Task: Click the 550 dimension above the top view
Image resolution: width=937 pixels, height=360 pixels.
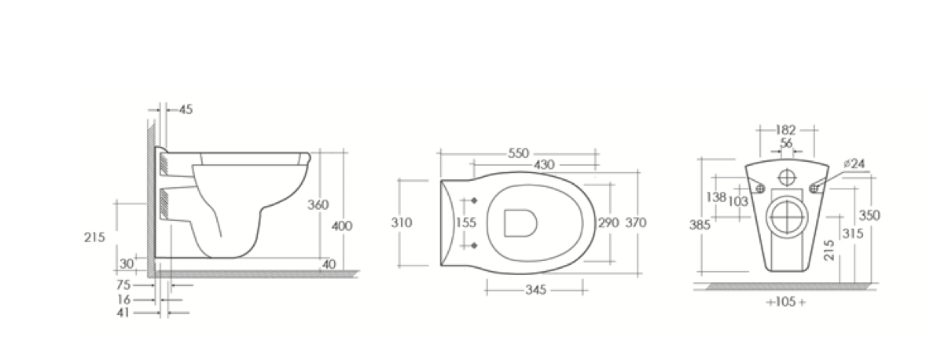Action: pos(519,153)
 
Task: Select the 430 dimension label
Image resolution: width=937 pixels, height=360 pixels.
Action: pos(544,164)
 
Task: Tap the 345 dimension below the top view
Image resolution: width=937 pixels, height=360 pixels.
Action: pos(536,290)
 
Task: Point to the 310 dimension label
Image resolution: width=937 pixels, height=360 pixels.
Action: pos(402,222)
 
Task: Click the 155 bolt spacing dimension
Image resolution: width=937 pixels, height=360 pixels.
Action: pos(466,222)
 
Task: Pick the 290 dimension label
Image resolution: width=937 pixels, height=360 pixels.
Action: pos(608,222)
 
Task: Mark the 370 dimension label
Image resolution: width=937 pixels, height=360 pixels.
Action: pos(636,222)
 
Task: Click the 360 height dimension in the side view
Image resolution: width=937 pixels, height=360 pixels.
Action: pos(318,204)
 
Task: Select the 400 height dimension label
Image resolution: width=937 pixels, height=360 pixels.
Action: pos(342,226)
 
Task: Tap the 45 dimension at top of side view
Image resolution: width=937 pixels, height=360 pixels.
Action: pos(186,109)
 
